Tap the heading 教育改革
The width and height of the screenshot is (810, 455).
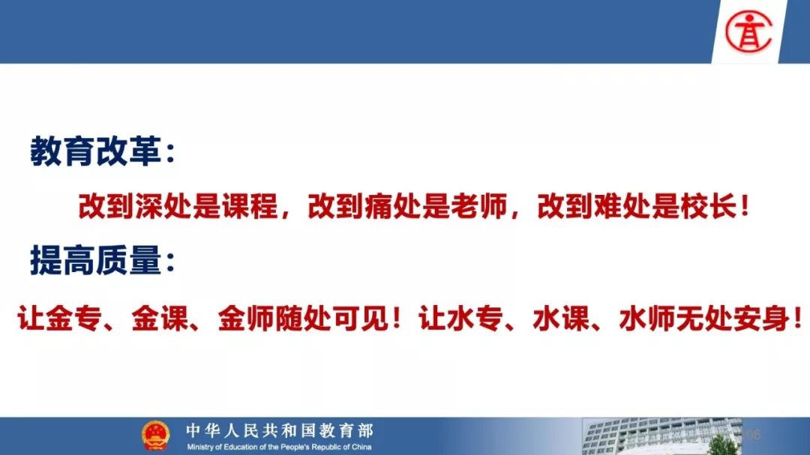pos(95,151)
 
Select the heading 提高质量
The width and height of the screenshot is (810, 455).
pos(95,260)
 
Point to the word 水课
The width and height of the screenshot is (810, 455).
pos(561,318)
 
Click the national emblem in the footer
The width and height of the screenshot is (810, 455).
pos(155,436)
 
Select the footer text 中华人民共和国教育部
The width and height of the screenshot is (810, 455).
pos(280,430)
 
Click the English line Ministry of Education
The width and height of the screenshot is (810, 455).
pos(279,447)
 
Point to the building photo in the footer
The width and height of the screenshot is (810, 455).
pos(661,436)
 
